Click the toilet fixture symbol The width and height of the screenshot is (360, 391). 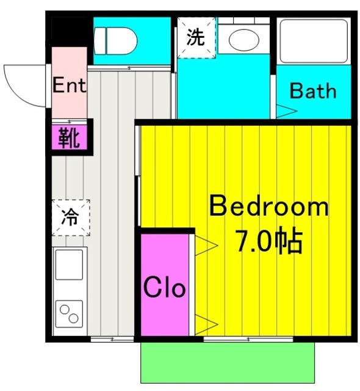coord(115,40)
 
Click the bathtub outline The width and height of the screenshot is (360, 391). coord(313,40)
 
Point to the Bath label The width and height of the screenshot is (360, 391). coord(312,91)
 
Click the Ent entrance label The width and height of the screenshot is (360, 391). coord(69,85)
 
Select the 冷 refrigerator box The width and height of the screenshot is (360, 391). coord(71,217)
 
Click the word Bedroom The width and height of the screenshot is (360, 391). coord(269,207)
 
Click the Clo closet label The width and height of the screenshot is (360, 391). coord(164,287)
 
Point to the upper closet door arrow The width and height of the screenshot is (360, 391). coord(206,246)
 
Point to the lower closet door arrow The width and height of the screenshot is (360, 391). coord(206,323)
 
